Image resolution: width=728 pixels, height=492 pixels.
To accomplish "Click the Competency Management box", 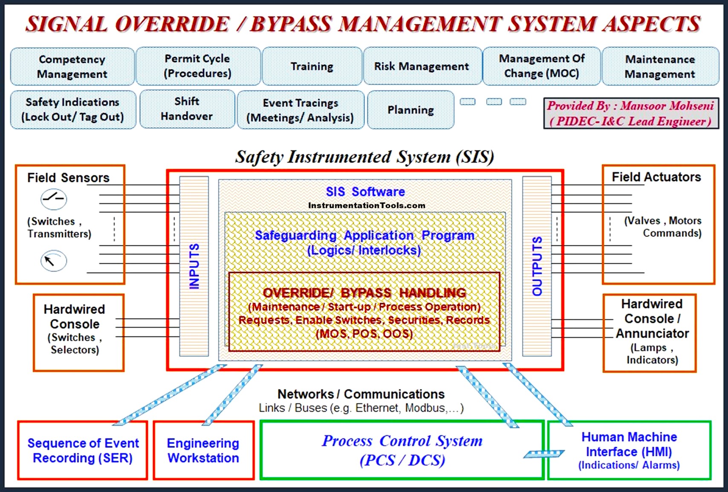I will click(72, 67).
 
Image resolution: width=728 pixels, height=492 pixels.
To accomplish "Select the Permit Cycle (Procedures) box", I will click(198, 66).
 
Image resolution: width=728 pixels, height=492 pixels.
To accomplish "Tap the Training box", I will click(312, 66).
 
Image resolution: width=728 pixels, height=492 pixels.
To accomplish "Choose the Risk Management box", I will click(422, 66).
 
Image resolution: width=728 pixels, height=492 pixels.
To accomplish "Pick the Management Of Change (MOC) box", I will click(541, 66).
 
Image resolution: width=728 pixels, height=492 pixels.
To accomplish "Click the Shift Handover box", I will click(187, 109).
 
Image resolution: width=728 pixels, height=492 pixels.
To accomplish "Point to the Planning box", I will click(410, 110).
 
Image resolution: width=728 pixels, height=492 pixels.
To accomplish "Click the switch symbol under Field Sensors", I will click(54, 199).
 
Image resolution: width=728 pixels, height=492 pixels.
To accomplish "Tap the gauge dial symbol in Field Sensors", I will click(54, 261).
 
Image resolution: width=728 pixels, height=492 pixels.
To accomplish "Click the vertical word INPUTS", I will click(194, 266).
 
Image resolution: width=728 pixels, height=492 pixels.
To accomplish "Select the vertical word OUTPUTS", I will click(537, 266).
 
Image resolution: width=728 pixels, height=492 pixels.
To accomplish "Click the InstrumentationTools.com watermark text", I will click(367, 206).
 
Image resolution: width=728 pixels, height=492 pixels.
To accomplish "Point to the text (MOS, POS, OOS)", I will click(364, 334).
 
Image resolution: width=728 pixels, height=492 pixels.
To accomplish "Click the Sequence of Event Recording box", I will click(83, 450).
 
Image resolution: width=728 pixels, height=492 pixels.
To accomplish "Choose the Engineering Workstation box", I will click(203, 450).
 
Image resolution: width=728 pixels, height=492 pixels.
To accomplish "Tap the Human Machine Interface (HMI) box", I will click(629, 450).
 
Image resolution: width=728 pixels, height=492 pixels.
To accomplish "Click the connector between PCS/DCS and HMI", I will click(544, 454).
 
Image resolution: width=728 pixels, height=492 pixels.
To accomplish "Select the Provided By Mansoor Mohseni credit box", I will click(630, 113).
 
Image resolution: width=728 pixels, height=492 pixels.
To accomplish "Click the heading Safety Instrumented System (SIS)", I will click(365, 157).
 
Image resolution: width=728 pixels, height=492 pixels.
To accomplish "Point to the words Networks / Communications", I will click(361, 394).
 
